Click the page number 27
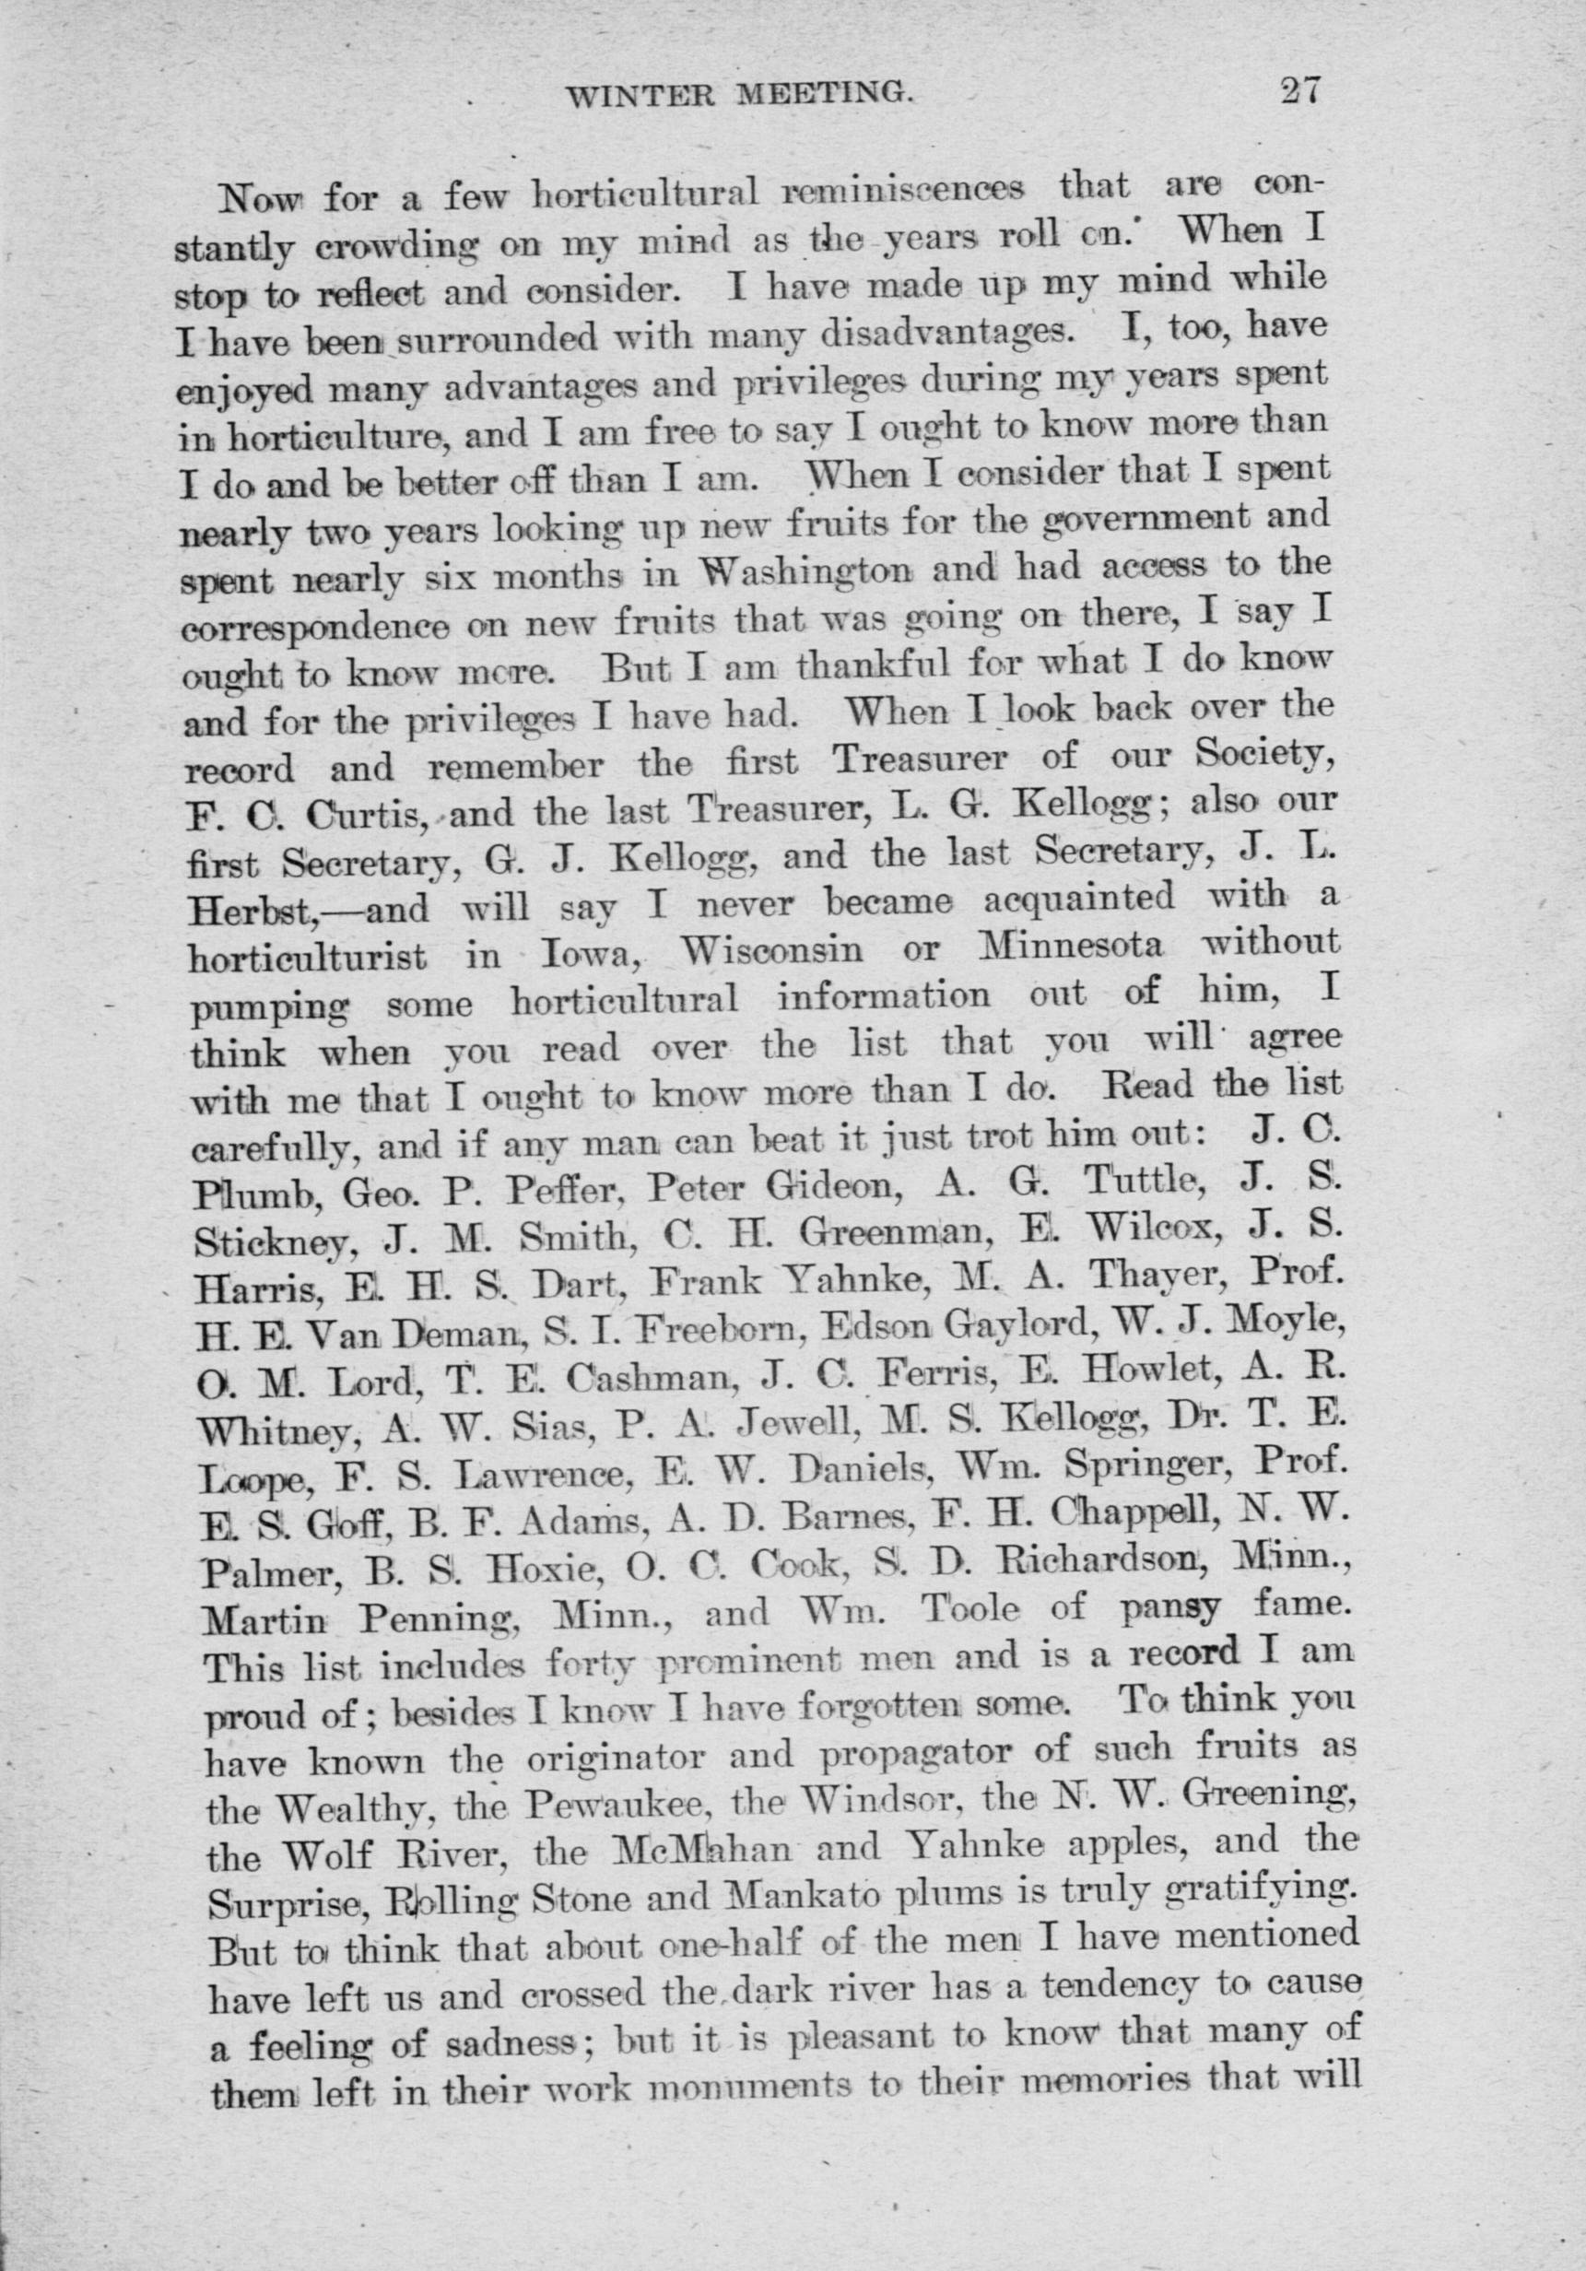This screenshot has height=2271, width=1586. [1299, 91]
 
